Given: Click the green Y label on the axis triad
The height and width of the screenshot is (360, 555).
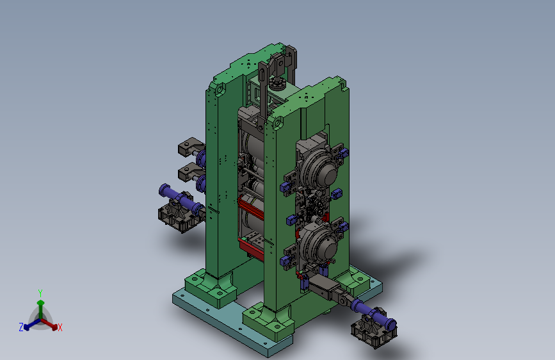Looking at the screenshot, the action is click(x=40, y=293).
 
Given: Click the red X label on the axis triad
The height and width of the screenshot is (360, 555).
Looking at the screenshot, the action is click(x=60, y=327).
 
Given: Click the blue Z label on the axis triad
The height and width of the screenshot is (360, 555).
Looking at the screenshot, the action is click(x=21, y=327).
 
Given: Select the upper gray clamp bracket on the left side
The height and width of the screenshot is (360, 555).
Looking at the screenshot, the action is click(x=191, y=147).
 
